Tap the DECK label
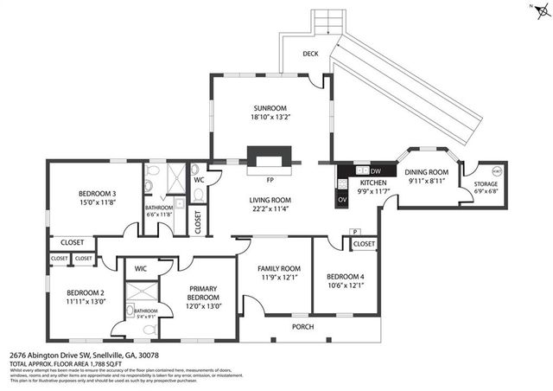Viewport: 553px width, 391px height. click(x=310, y=54)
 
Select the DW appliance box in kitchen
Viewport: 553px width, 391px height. click(x=362, y=170)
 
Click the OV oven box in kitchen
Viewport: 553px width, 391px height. click(x=343, y=198)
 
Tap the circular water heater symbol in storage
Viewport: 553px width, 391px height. click(x=498, y=170)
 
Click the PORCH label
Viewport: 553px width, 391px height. click(x=302, y=326)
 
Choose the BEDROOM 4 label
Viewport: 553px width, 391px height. click(x=345, y=276)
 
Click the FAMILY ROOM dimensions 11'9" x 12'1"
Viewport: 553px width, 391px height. click(x=280, y=278)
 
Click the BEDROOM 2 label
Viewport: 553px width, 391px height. click(x=85, y=292)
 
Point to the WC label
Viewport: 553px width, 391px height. click(x=198, y=180)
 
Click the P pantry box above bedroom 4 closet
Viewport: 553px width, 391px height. click(x=354, y=232)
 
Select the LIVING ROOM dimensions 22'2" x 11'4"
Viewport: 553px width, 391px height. click(x=270, y=208)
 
